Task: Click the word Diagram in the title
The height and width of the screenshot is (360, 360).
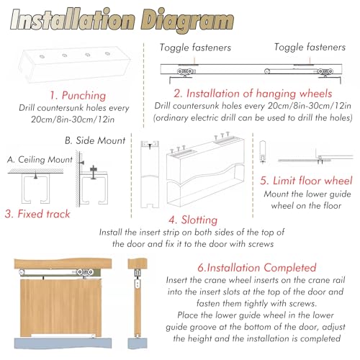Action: click(x=187, y=21)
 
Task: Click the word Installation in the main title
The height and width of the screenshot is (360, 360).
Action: click(x=73, y=20)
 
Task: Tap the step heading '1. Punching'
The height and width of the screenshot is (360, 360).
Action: click(x=78, y=96)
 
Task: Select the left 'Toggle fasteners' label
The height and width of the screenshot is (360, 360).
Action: click(x=195, y=48)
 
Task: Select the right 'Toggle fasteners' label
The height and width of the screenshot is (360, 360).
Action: click(x=310, y=47)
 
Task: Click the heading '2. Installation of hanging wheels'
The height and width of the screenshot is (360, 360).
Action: click(x=253, y=94)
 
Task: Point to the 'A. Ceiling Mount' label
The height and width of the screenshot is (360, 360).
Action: click(x=40, y=159)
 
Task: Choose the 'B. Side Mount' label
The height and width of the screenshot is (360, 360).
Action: click(x=95, y=140)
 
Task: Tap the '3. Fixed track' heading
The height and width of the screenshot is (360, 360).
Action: click(x=37, y=214)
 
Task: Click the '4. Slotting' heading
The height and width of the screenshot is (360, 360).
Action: click(x=193, y=220)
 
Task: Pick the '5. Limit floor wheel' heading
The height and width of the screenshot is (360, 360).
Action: click(x=307, y=181)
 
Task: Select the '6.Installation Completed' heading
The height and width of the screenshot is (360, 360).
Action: click(x=257, y=268)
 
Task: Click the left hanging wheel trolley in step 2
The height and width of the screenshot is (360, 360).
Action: click(x=185, y=72)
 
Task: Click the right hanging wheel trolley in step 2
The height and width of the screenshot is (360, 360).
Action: click(x=325, y=72)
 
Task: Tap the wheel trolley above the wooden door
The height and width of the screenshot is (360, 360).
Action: click(x=85, y=273)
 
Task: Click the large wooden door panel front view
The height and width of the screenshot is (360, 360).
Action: click(x=60, y=308)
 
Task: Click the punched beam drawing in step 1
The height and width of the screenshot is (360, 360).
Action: click(x=75, y=65)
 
